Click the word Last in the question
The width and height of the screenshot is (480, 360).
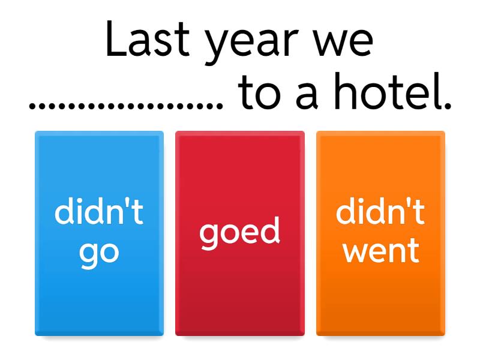click(148, 39)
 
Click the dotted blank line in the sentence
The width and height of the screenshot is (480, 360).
click(126, 106)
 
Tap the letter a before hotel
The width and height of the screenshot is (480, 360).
click(307, 95)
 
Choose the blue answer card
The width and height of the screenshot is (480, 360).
click(99, 233)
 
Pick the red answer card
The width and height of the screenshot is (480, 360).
click(240, 233)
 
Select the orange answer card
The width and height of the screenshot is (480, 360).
click(380, 233)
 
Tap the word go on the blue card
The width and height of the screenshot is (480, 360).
click(99, 254)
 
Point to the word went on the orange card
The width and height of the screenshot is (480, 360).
click(381, 251)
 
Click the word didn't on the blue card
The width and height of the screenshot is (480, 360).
click(99, 211)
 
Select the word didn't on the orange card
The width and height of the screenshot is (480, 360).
click(380, 211)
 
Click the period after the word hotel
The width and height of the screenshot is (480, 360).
click(448, 106)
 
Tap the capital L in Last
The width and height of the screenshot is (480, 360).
click(116, 39)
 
